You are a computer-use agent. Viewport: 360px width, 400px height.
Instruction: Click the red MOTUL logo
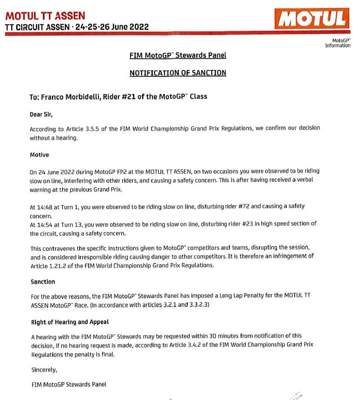tap(312, 18)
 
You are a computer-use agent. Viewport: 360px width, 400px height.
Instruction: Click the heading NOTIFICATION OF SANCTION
tap(177, 73)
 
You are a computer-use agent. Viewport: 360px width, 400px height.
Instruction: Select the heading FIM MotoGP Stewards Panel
tap(177, 55)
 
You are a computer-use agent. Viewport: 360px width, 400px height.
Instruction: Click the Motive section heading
tap(40, 154)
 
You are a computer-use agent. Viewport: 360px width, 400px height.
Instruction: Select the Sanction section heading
tap(43, 282)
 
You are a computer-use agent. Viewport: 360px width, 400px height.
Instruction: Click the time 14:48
tap(45, 206)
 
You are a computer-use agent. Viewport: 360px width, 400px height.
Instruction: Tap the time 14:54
tap(45, 224)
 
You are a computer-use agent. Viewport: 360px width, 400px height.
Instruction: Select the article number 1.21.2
tap(56, 265)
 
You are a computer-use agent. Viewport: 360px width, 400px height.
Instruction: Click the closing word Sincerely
tap(44, 370)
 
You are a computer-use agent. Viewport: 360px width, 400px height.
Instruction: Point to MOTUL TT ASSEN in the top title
tap(45, 16)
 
